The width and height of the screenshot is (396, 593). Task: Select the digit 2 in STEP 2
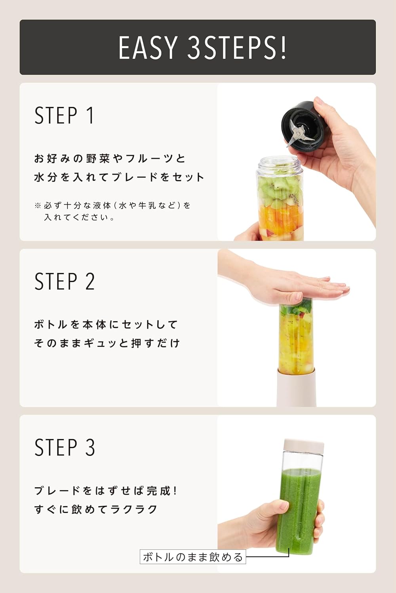[90, 281]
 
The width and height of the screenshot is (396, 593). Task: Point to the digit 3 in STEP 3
[90, 447]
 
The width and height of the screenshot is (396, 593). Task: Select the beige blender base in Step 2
[297, 387]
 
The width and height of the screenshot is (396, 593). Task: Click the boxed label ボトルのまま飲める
[193, 557]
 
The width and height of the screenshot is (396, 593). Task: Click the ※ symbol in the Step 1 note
[38, 205]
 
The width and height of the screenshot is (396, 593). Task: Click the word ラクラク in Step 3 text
[134, 510]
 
